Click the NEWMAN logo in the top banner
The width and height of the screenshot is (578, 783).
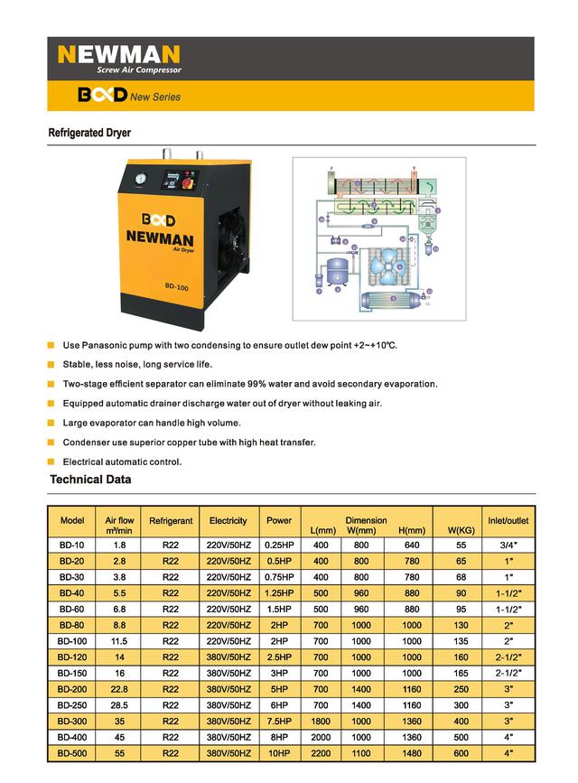coord(118,54)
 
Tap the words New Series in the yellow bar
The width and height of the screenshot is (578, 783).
coord(155,97)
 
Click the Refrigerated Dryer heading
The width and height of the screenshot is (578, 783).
coord(89,133)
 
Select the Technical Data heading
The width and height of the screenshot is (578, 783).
coord(90,480)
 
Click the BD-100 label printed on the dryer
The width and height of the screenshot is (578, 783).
coord(176,288)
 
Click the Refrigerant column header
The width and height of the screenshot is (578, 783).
coord(171,521)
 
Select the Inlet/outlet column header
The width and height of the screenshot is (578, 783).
coord(508,521)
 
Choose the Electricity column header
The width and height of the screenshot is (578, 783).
coord(228,521)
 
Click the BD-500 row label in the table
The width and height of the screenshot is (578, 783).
coord(71,752)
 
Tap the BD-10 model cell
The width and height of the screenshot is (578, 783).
coord(71,545)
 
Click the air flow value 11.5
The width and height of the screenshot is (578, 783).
coord(119,641)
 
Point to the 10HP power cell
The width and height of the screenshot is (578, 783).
coord(279,752)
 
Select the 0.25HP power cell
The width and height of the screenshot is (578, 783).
coord(279,545)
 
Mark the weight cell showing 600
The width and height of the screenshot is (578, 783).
coord(461,752)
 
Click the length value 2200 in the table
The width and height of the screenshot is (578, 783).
coord(321,752)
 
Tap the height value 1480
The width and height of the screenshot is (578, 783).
coord(411,752)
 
